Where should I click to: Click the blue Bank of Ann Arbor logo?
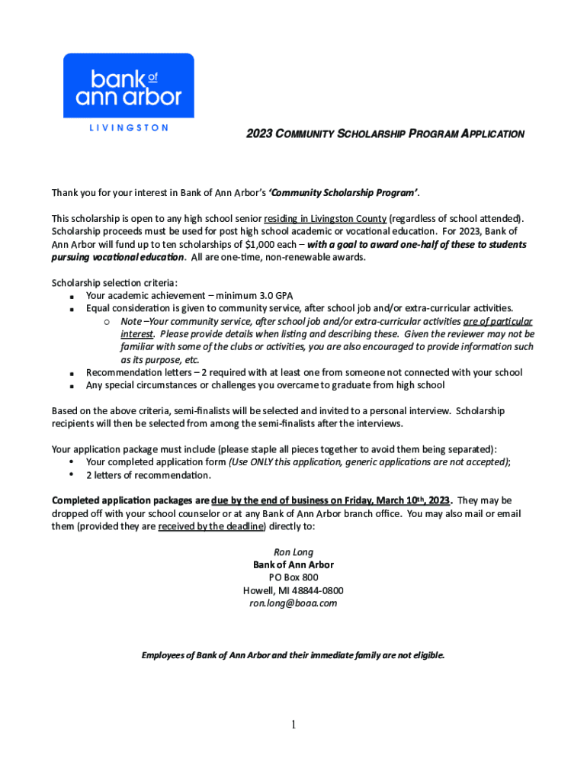128,85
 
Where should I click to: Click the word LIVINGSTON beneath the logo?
128,128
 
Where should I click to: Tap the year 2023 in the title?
258,134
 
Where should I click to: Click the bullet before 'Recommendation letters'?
70,373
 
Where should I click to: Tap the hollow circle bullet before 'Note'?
107,322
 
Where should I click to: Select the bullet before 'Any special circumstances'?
70,386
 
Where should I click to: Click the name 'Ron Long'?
293,551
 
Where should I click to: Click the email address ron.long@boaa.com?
293,603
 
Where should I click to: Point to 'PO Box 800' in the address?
293,577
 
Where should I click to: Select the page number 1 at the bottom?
293,725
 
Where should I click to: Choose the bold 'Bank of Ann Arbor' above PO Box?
293,564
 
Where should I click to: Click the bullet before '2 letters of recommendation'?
70,475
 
